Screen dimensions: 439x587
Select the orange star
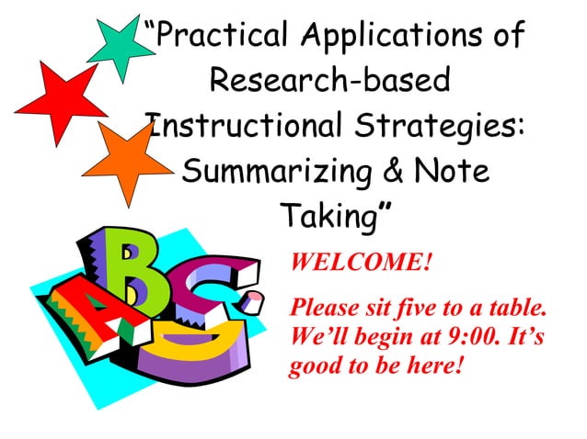(x=123, y=162)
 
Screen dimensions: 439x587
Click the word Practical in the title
(x=218, y=38)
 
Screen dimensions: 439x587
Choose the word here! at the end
(x=429, y=366)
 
